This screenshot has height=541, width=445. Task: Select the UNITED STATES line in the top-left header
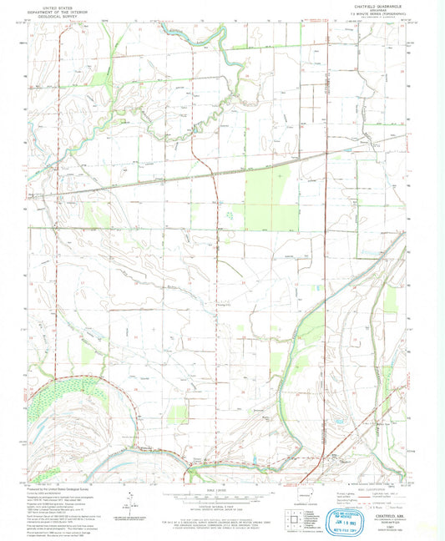coord(61,5)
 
